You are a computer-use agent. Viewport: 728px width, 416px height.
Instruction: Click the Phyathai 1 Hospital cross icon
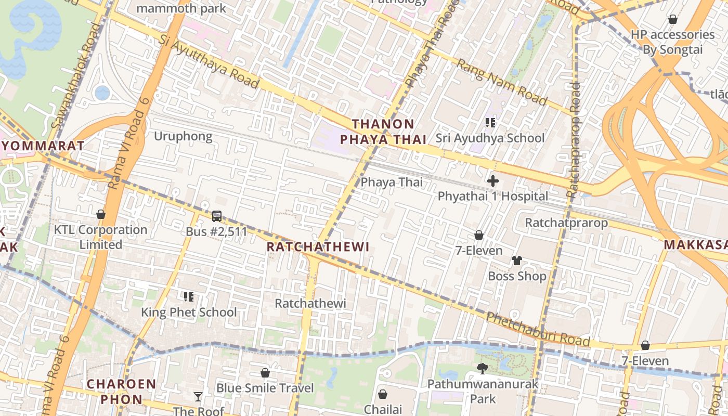(492, 181)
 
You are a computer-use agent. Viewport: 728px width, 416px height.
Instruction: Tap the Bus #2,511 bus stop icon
(217, 216)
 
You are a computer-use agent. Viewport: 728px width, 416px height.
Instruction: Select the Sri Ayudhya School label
(490, 138)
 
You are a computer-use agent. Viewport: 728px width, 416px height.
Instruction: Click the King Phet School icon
(189, 297)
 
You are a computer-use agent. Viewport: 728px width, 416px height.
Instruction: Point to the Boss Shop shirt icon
(516, 261)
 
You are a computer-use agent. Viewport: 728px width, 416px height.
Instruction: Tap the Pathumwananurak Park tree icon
(483, 369)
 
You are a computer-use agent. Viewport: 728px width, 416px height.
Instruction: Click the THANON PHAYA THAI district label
(383, 132)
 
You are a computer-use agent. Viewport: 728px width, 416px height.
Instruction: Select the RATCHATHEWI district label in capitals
(318, 247)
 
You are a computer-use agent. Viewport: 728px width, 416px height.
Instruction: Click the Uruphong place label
(183, 136)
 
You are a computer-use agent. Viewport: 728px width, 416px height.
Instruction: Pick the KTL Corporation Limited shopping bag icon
(101, 214)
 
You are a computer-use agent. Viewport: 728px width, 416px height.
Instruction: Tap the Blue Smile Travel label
(265, 388)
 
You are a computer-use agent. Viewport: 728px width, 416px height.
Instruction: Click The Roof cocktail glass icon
(198, 397)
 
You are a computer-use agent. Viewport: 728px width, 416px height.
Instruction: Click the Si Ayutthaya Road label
(209, 61)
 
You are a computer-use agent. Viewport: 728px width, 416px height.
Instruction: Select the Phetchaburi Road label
(538, 330)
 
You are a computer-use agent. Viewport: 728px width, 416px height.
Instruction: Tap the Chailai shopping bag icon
(383, 394)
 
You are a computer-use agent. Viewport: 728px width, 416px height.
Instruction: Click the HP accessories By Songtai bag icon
(672, 19)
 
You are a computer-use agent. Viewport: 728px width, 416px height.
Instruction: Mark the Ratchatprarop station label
(566, 223)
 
